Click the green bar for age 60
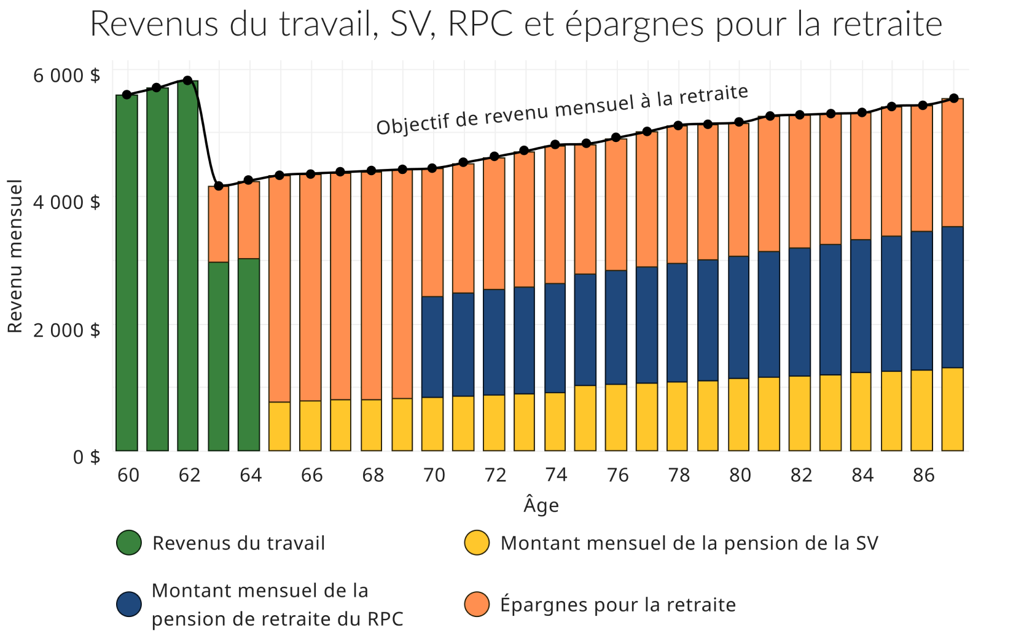127,273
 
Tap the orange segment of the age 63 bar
219,224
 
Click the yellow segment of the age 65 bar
279,426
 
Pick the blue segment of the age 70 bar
432,347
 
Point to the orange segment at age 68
371,285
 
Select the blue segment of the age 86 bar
921,301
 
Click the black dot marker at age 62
188,81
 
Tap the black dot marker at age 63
219,186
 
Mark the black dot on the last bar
953,98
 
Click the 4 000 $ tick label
66,202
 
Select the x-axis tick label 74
556,474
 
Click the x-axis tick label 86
923,474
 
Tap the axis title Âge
541,505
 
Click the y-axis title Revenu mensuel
15,256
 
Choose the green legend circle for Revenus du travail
129,543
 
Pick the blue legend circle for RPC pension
129,604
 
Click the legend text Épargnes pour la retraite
618,605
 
